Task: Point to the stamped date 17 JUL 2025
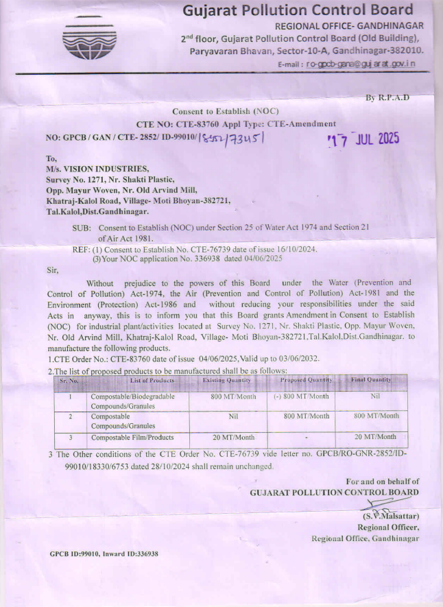[x=363, y=139]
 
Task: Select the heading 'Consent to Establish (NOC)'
[x=226, y=111]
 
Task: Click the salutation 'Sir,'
[x=52, y=270]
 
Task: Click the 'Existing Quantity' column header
[x=227, y=380]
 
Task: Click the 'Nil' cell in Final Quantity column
[x=375, y=396]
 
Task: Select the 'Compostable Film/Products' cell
[x=132, y=437]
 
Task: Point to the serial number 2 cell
[x=70, y=416]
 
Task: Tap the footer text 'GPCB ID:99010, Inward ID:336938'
[x=104, y=554]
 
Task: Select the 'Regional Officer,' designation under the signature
[x=388, y=527]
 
